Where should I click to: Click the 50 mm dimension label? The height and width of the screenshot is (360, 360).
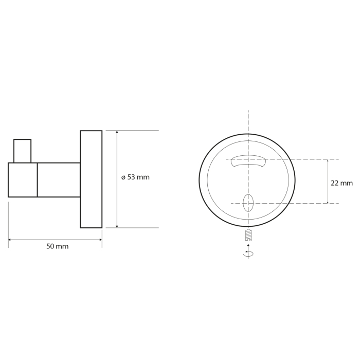pyautogui.click(x=58, y=246)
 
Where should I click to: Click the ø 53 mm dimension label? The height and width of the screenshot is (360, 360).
pyautogui.click(x=135, y=177)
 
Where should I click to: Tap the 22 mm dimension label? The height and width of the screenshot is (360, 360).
pyautogui.click(x=341, y=183)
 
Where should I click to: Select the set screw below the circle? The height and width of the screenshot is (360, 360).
pyautogui.click(x=248, y=235)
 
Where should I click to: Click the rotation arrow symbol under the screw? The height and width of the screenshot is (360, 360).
pyautogui.click(x=248, y=253)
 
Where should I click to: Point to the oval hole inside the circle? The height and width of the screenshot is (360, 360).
pyautogui.click(x=248, y=203)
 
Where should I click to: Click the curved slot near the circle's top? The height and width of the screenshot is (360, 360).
pyautogui.click(x=248, y=160)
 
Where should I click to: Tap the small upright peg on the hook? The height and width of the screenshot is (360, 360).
pyautogui.click(x=22, y=151)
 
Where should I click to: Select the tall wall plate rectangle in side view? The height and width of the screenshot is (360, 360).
pyautogui.click(x=91, y=179)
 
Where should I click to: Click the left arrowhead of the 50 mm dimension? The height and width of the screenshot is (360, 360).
pyautogui.click(x=10, y=240)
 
